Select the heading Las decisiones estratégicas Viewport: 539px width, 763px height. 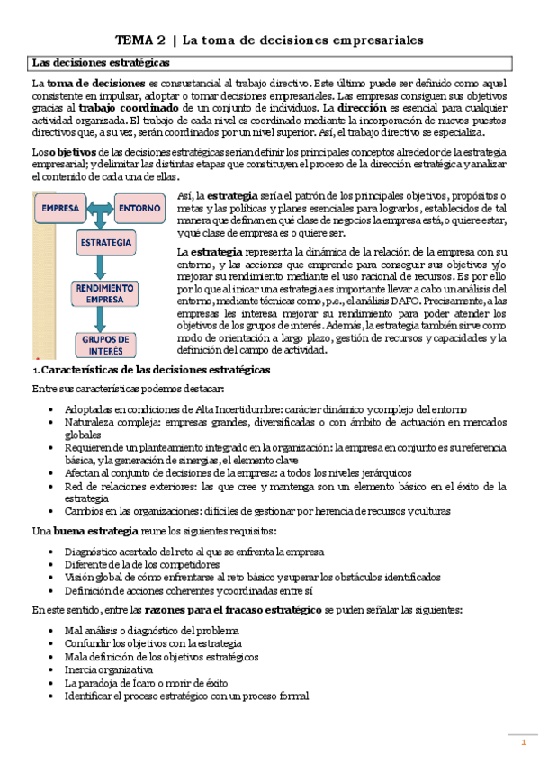[98, 63]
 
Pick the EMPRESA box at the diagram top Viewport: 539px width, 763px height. [60, 208]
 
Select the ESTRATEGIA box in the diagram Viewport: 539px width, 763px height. [104, 244]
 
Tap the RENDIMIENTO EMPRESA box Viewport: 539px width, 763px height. [104, 295]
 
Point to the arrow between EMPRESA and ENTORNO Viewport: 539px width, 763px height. [99, 208]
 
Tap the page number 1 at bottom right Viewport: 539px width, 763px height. [523, 741]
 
